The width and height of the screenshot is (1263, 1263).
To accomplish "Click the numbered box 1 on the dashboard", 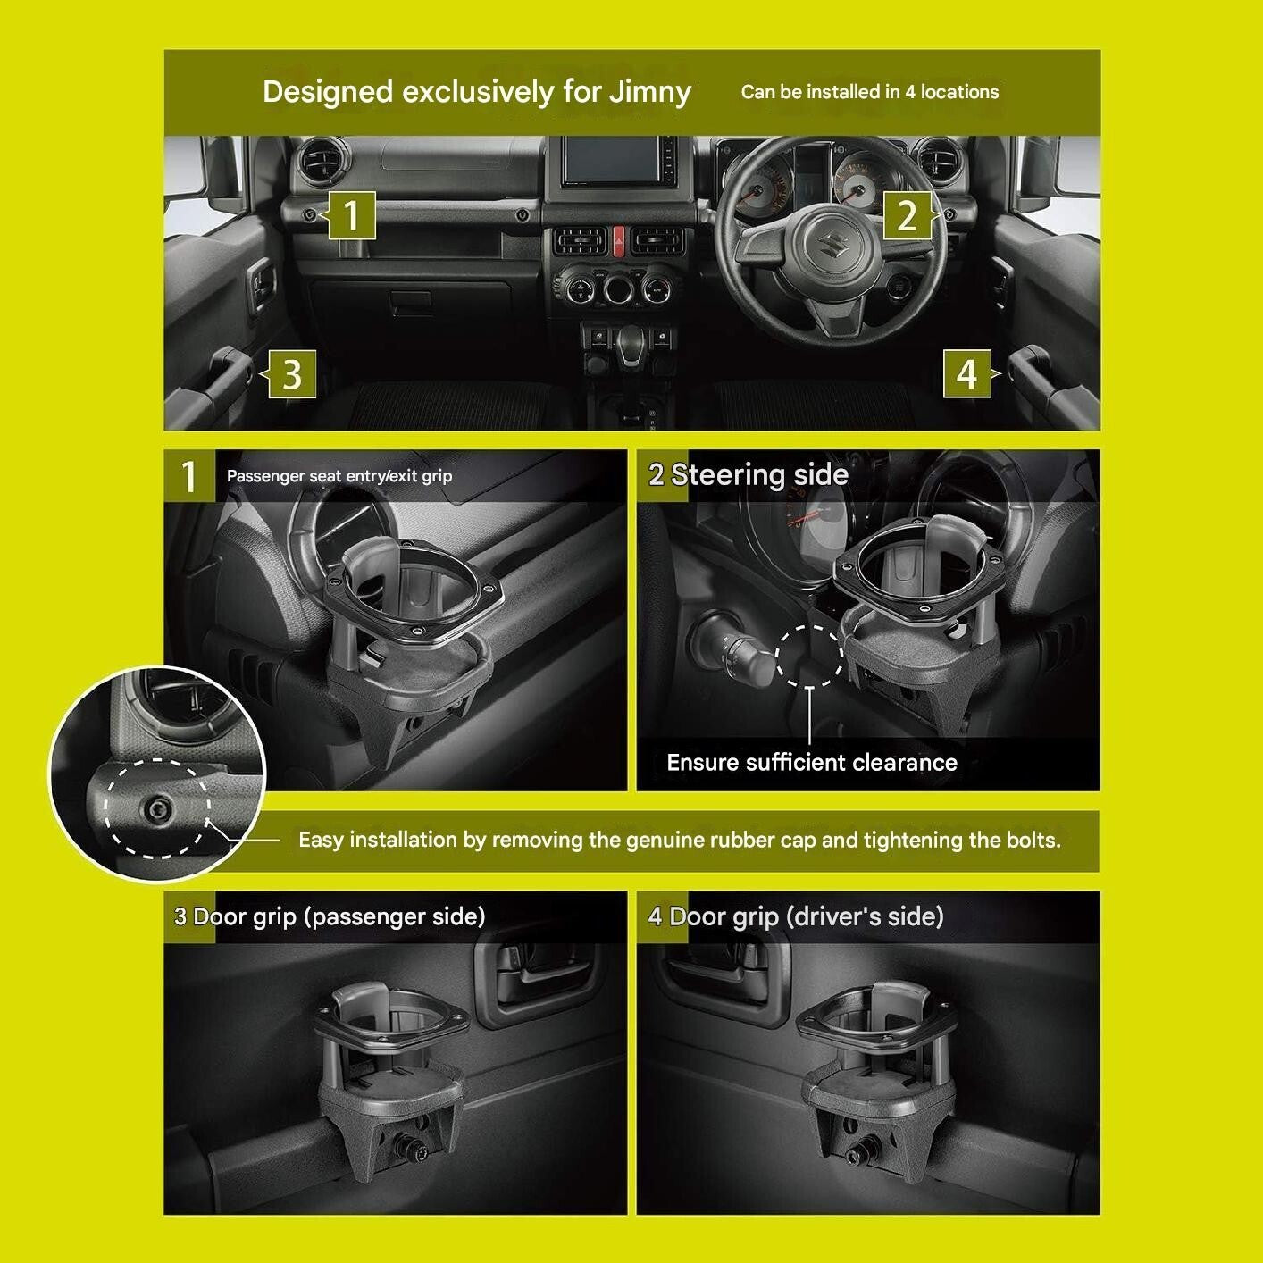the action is point(351,215).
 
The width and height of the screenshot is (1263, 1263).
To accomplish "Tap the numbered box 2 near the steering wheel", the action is point(908,215).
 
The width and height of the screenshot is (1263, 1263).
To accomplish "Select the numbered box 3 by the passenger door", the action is point(292,374).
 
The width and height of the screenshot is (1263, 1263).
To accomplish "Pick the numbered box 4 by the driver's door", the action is point(966,374).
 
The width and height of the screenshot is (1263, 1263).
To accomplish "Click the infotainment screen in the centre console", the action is point(612,162).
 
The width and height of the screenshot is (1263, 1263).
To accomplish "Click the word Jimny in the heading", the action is point(650,92).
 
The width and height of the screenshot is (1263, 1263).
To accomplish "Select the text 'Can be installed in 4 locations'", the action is point(870,92).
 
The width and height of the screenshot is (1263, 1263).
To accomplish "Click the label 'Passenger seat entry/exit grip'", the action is point(339,476).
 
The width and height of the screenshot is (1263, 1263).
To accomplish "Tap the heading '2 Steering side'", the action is point(749,474).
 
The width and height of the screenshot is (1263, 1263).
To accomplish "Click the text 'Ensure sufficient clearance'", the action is point(812,762).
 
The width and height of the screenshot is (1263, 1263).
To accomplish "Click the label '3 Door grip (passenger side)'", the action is point(330,916).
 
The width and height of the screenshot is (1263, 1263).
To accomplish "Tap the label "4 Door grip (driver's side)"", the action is point(796,916).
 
